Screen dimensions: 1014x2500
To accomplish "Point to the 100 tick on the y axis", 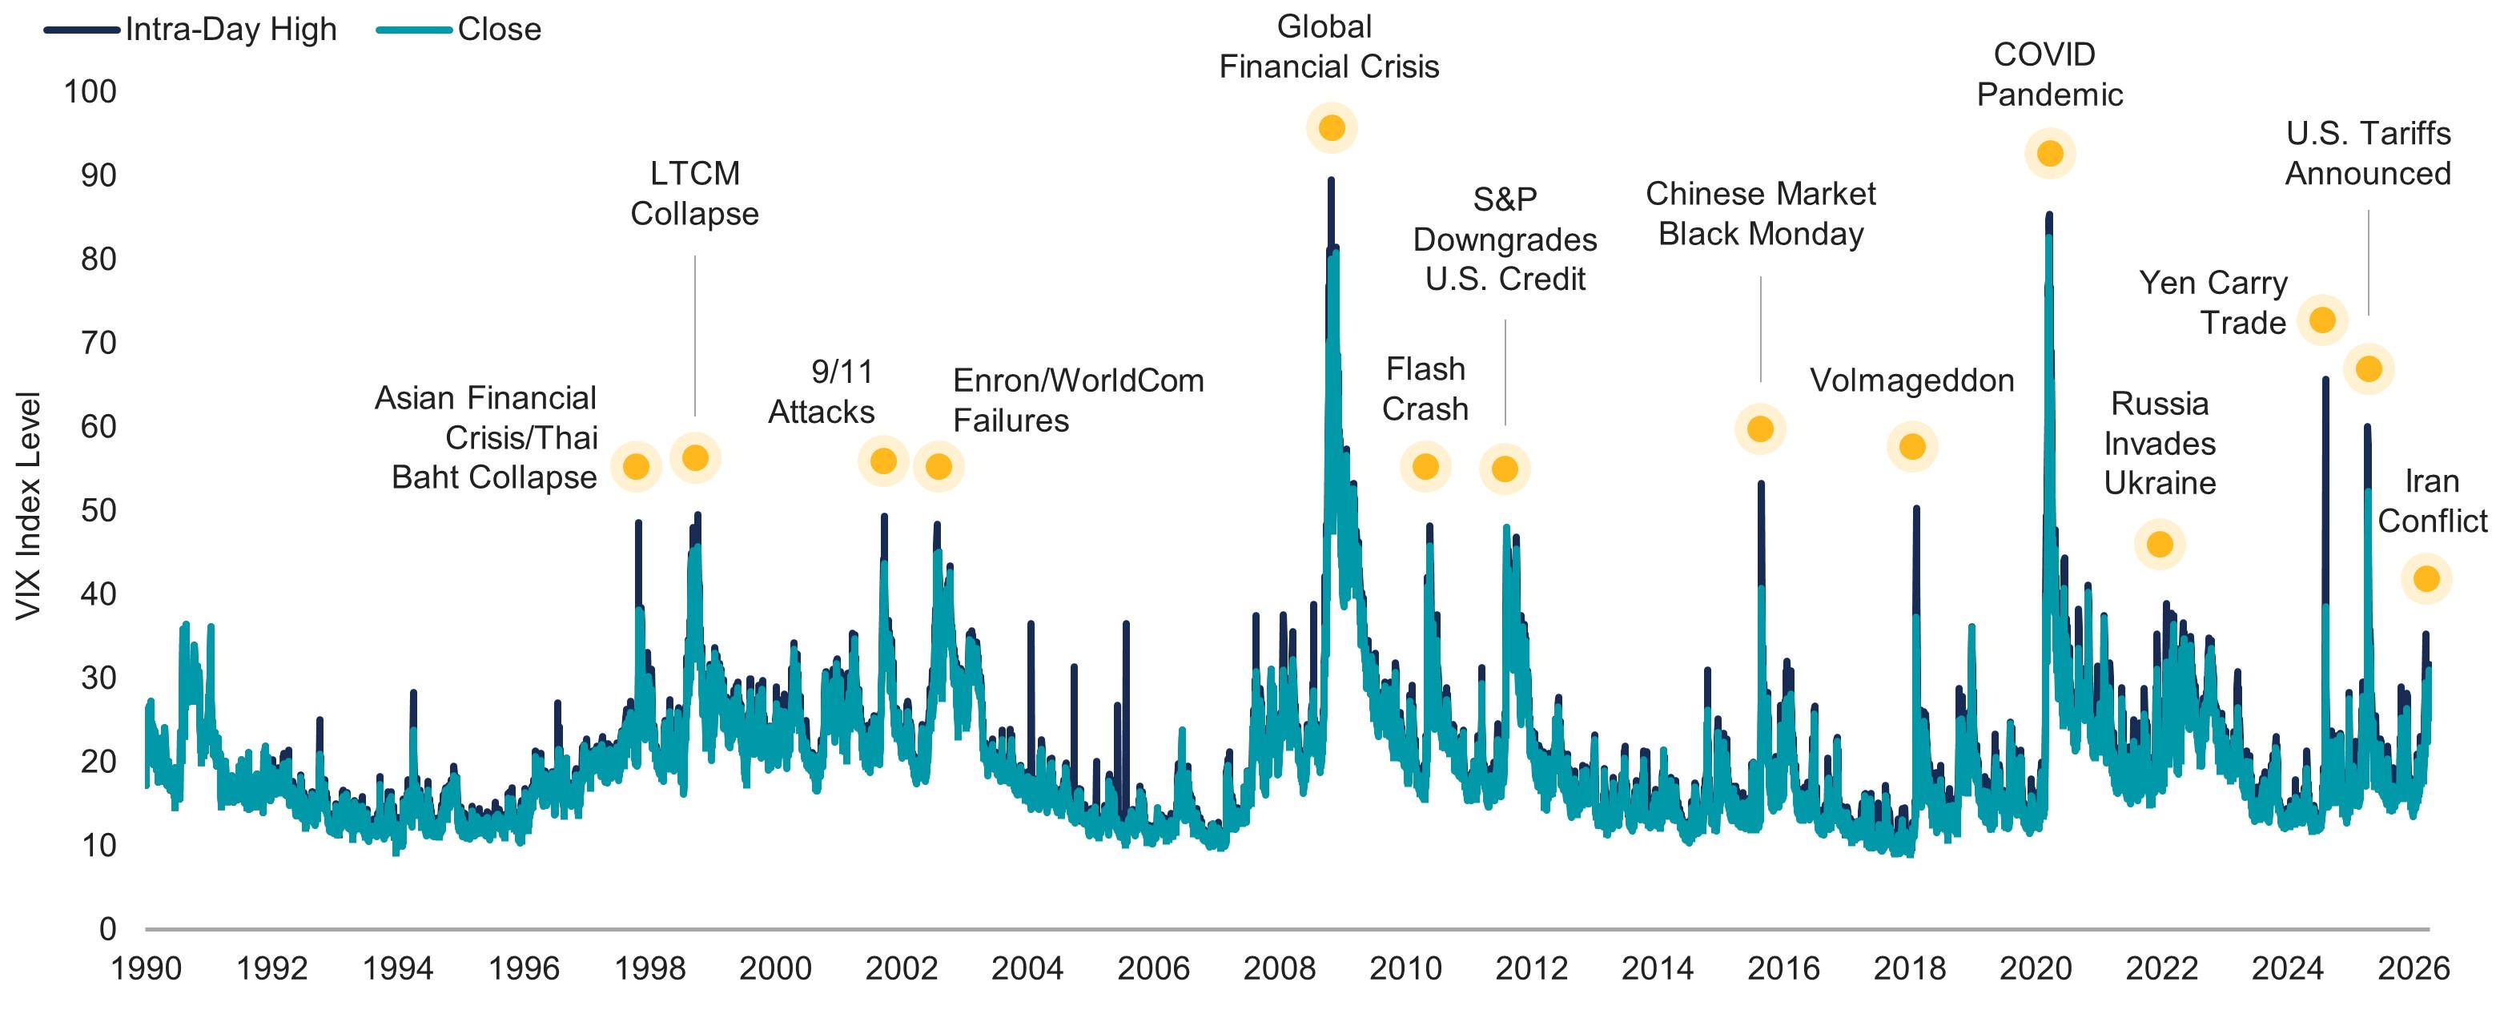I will coord(90,92).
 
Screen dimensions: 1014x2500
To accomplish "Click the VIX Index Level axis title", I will coord(28,505).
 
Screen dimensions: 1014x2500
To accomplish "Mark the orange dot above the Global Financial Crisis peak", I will coord(1331,128).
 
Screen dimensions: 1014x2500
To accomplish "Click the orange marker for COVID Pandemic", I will coord(2050,153).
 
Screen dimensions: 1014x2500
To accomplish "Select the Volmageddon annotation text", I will coord(1912,380).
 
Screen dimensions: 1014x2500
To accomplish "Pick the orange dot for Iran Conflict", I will coord(2426,579).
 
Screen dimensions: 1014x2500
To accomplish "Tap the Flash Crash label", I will coord(1425,389).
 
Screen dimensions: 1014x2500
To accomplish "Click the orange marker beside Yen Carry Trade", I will coord(2322,320).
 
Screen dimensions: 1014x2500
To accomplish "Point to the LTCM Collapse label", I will coord(694,193).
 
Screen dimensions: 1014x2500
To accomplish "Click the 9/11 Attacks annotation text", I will coord(823,392).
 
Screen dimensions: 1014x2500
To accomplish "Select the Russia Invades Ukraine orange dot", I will coord(2160,545).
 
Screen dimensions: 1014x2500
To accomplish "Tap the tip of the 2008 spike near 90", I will coord(1331,180).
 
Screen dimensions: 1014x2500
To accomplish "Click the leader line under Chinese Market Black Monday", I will coord(1760,330).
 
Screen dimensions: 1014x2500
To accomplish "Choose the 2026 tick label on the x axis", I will coord(2413,968).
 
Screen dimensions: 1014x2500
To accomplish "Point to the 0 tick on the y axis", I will coord(108,930).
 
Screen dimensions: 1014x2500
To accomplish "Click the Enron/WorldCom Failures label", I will coord(1077,400).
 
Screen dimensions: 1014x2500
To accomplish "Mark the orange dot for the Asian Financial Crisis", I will coord(636,467).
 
